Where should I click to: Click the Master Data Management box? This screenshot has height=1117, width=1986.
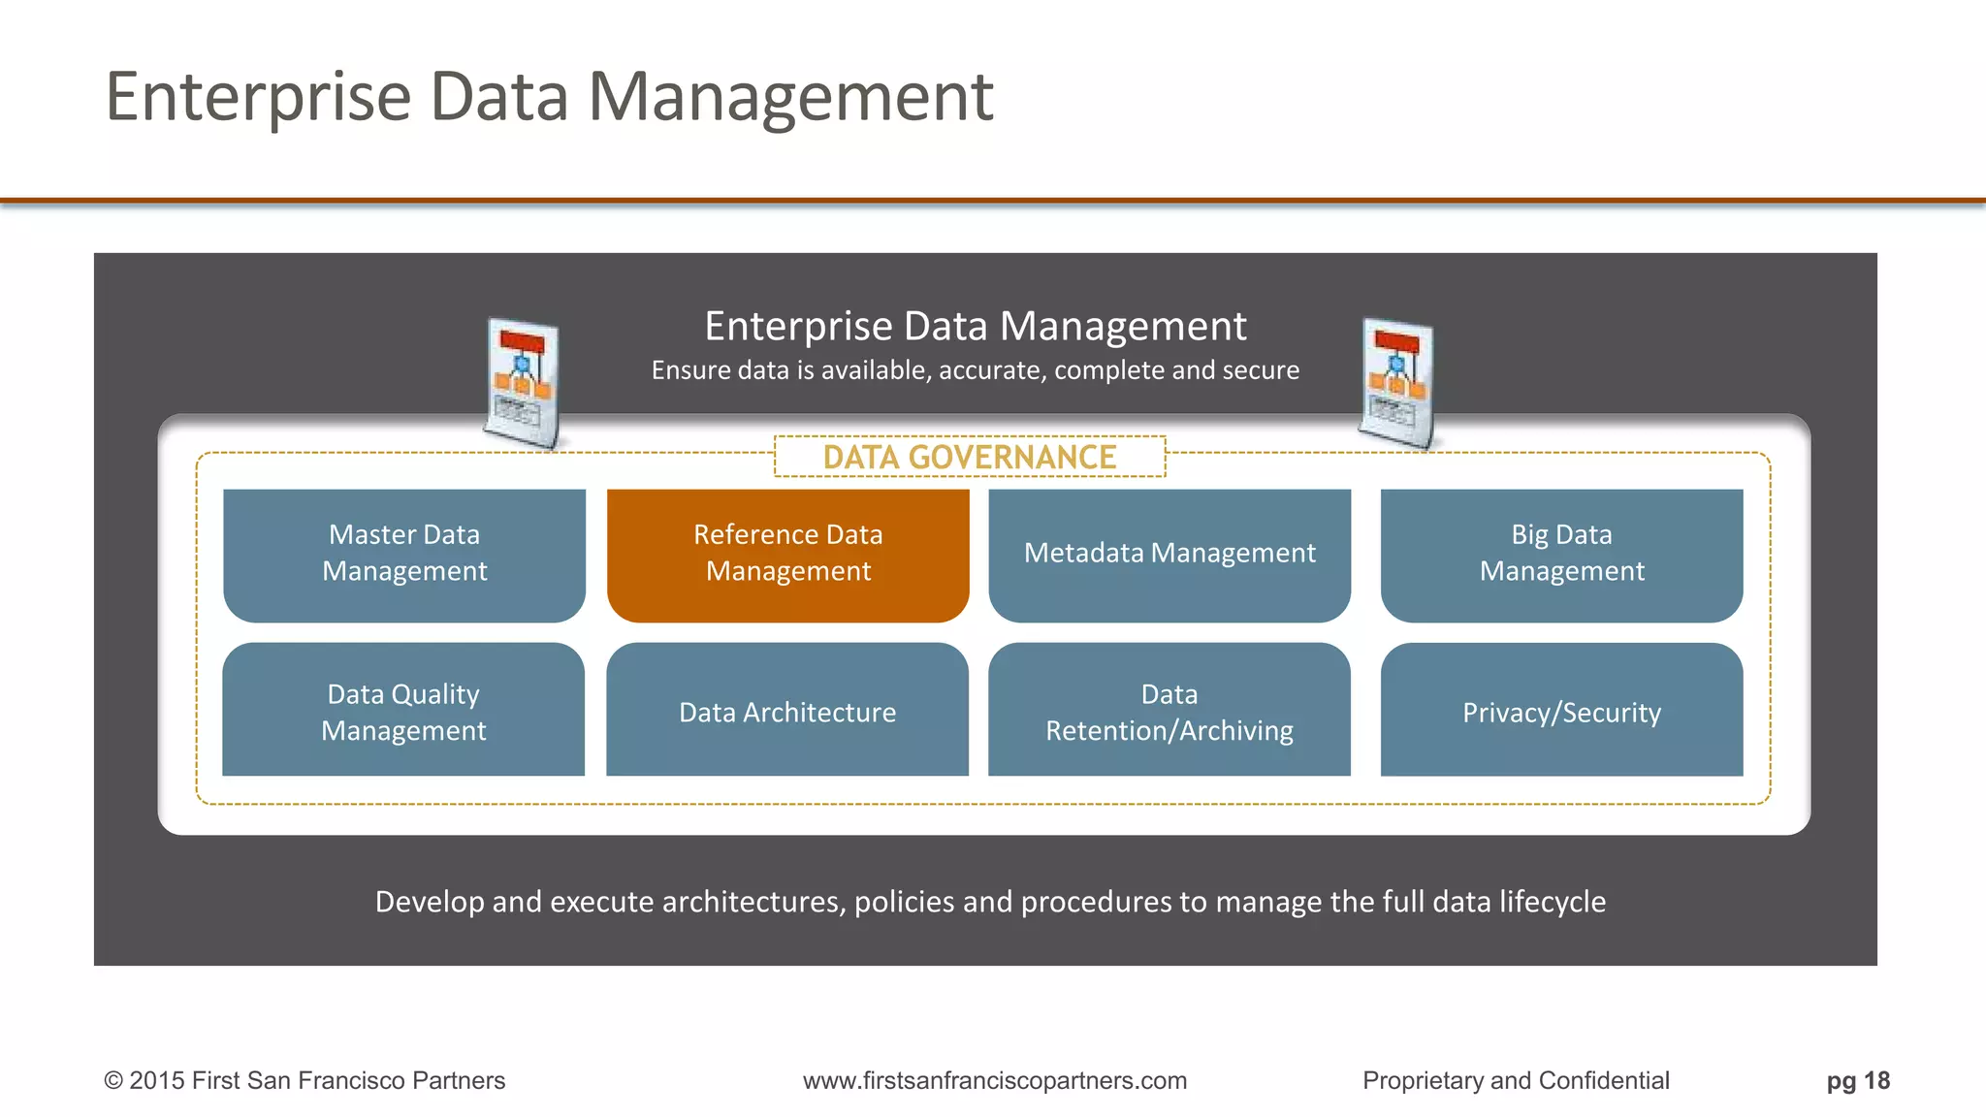[x=404, y=555]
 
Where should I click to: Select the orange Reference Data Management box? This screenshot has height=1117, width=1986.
[x=787, y=555]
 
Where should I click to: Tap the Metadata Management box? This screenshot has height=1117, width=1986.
[x=1169, y=555]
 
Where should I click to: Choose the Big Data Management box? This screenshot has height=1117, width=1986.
[x=1561, y=555]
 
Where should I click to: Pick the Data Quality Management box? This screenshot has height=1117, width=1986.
[x=403, y=710]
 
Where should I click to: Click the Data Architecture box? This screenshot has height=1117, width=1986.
[x=787, y=710]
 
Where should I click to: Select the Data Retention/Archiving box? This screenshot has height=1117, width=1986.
[x=1169, y=710]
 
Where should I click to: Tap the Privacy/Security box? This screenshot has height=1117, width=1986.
[x=1561, y=710]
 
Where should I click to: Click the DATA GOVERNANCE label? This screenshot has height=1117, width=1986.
[x=970, y=458]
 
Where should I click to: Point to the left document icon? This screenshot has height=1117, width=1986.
[x=522, y=383]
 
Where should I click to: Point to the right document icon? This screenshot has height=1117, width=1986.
[x=1396, y=383]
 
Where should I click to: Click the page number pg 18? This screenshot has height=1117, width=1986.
[x=1858, y=1081]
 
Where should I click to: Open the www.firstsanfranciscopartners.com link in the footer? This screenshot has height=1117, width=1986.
[x=995, y=1081]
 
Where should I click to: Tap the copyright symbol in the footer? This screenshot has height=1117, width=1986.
[x=113, y=1081]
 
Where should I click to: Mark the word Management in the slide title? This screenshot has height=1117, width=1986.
[x=790, y=98]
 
